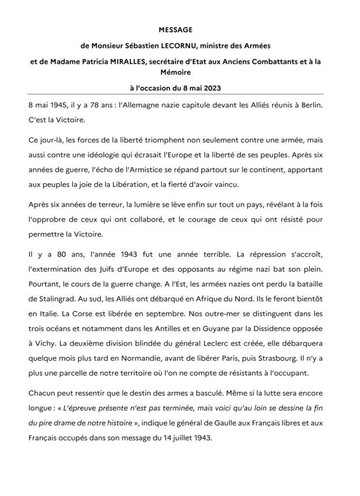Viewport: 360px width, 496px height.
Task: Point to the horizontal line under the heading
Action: pyautogui.click(x=180, y=95)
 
